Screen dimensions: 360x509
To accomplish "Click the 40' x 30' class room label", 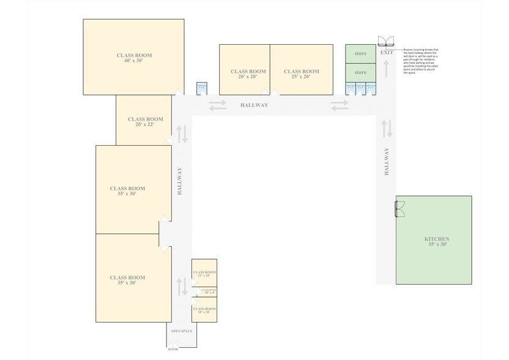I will [x=134, y=58].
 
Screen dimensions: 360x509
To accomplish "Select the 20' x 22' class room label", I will [x=145, y=121].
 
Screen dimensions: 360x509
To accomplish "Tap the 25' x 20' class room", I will [x=301, y=74].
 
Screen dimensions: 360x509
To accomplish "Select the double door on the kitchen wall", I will [x=400, y=210].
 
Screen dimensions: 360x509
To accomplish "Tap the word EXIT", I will [x=387, y=53].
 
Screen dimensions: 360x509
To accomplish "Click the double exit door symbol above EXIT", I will [x=387, y=41].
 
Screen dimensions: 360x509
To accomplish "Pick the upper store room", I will [x=360, y=54].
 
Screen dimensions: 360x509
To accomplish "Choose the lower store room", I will [x=360, y=72].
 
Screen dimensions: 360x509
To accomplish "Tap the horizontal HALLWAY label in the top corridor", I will [x=254, y=105].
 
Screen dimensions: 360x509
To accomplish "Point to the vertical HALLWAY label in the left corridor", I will [x=180, y=182].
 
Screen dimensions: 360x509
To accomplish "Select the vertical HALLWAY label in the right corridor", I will [x=387, y=162].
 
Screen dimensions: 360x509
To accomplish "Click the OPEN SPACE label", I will [x=182, y=331].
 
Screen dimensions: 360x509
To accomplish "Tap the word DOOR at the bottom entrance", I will [x=173, y=350].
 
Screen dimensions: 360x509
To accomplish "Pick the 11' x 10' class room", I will [x=204, y=273].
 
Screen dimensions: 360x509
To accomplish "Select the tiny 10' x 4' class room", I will [x=205, y=291].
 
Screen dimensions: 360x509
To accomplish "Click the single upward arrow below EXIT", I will [x=387, y=69].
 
